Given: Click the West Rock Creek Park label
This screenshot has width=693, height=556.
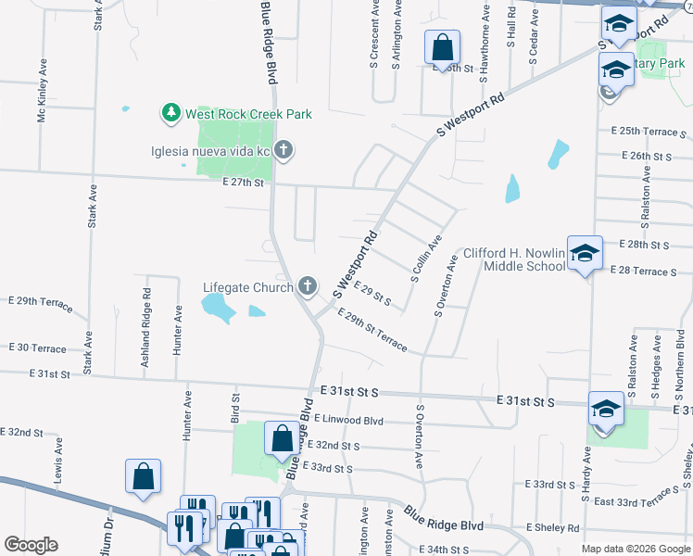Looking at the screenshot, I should [x=247, y=114].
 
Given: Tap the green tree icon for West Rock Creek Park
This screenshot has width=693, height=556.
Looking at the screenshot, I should [x=170, y=113].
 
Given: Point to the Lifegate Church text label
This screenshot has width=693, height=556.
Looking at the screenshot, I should [x=248, y=287].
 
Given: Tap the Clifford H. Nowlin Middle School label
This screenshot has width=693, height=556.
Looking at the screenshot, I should [x=514, y=259].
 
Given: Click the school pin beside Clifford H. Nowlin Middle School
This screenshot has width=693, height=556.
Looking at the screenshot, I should [x=585, y=252].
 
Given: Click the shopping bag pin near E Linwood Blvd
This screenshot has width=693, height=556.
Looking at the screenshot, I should [x=282, y=438].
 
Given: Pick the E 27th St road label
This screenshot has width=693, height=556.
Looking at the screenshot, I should [x=243, y=183].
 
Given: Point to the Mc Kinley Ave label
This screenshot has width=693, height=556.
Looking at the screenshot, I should [x=42, y=92].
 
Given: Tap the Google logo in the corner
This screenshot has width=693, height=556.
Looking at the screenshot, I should [x=31, y=545].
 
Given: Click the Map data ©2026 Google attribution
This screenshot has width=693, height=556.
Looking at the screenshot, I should [x=636, y=549].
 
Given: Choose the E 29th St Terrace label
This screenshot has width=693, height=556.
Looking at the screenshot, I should [x=372, y=330].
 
